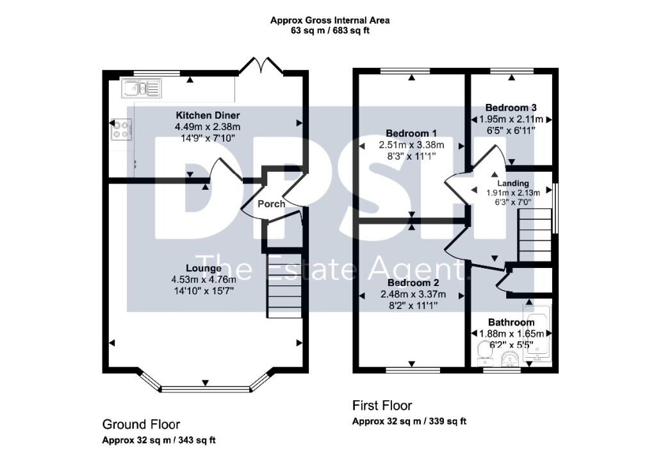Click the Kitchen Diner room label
coord(208,115)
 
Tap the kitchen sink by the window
coord(142,88)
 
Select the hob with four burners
coord(121,129)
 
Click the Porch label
coord(271,204)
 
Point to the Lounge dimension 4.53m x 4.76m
coord(204,280)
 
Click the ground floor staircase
coord(284,285)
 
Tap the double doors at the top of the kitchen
coord(261,66)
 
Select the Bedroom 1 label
coord(411,133)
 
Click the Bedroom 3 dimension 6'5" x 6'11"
coord(511,131)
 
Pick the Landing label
coord(513,183)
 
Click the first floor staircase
coord(535,235)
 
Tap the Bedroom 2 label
coord(413,283)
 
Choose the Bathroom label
coord(511,323)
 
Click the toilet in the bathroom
coord(484,353)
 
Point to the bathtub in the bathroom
coord(537,333)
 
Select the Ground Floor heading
coord(141,424)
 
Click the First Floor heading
coord(382,406)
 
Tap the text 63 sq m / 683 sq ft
coord(330,31)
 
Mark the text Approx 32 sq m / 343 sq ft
coord(159,440)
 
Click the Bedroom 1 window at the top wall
coord(406,71)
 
